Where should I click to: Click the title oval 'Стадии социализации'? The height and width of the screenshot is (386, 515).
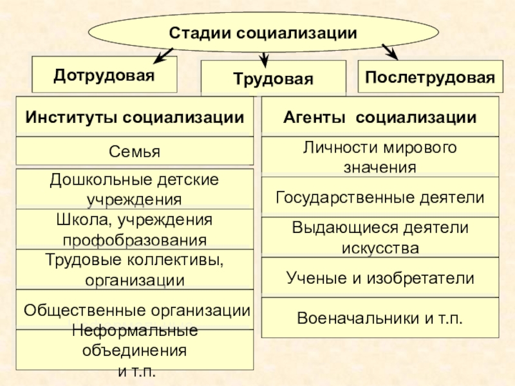(x=263, y=30)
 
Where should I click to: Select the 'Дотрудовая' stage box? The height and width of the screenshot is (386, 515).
(x=104, y=75)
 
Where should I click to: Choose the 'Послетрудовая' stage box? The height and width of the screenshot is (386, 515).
(x=429, y=77)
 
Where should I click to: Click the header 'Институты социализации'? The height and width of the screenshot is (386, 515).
(x=135, y=117)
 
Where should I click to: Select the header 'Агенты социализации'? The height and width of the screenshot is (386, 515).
(x=380, y=117)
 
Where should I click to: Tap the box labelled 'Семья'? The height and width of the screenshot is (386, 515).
(x=135, y=152)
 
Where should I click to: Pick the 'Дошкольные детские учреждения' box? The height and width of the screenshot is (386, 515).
(x=135, y=188)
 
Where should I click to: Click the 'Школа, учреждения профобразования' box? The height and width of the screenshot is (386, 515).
(x=135, y=230)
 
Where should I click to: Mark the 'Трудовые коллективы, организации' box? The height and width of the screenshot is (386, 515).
(x=135, y=270)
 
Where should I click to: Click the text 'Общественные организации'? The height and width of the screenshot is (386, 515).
(x=136, y=310)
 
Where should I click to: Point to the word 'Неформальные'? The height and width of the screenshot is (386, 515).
(x=135, y=331)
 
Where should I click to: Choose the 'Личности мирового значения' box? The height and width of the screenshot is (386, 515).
(x=380, y=157)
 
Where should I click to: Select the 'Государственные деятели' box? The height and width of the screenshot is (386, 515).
(x=380, y=197)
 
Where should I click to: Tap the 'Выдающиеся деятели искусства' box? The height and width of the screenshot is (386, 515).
(x=380, y=237)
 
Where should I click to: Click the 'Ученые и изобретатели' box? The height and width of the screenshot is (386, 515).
(x=380, y=278)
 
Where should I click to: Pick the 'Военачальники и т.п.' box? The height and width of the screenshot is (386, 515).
(x=380, y=318)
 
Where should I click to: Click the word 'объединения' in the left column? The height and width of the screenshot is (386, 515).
(x=135, y=351)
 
